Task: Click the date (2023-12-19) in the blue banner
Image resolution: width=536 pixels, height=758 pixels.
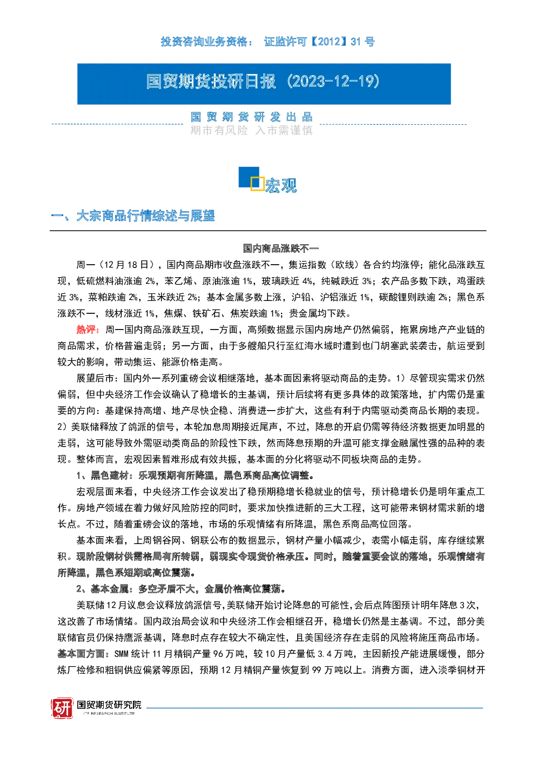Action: point(333,82)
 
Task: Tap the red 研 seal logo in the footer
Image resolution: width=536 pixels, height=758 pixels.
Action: point(62,708)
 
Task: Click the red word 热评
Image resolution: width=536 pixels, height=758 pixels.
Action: point(88,330)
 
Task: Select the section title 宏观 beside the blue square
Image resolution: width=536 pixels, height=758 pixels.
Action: point(281,185)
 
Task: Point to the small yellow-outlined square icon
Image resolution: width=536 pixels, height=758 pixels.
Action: point(257,183)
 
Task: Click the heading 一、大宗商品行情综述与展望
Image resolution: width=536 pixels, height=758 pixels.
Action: point(132,216)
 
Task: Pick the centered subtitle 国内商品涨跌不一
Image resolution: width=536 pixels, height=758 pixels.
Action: point(281,249)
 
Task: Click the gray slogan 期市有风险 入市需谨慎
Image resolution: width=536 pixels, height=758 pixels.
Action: point(251,130)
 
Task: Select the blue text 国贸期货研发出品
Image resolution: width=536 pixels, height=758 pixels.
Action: point(251,117)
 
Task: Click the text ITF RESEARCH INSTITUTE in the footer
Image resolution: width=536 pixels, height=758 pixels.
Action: point(109,713)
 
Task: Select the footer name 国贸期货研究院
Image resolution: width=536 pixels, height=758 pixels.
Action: point(109,705)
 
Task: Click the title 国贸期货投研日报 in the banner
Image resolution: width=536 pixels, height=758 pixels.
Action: point(211,82)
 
